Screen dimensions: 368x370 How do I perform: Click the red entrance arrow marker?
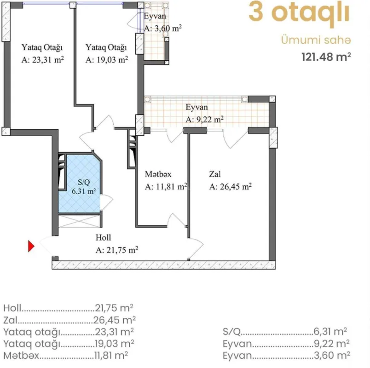click(x=31, y=247)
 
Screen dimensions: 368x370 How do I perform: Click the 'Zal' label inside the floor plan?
click(x=214, y=175)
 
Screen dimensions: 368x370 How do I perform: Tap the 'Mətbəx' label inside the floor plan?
click(x=158, y=175)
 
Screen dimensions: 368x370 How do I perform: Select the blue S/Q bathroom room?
click(x=80, y=184)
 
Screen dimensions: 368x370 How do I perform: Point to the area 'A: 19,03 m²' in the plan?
click(x=107, y=60)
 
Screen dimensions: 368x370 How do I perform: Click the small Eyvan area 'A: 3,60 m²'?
click(x=163, y=28)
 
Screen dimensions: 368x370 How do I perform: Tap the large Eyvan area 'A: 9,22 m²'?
click(x=204, y=119)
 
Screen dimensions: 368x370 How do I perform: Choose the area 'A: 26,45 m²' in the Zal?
click(x=230, y=187)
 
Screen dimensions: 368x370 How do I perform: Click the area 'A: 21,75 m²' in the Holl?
click(x=117, y=250)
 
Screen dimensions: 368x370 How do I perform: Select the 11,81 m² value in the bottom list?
click(x=111, y=356)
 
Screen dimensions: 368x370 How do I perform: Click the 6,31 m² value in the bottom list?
click(x=330, y=331)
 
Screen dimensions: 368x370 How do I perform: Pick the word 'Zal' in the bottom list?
click(x=10, y=320)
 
